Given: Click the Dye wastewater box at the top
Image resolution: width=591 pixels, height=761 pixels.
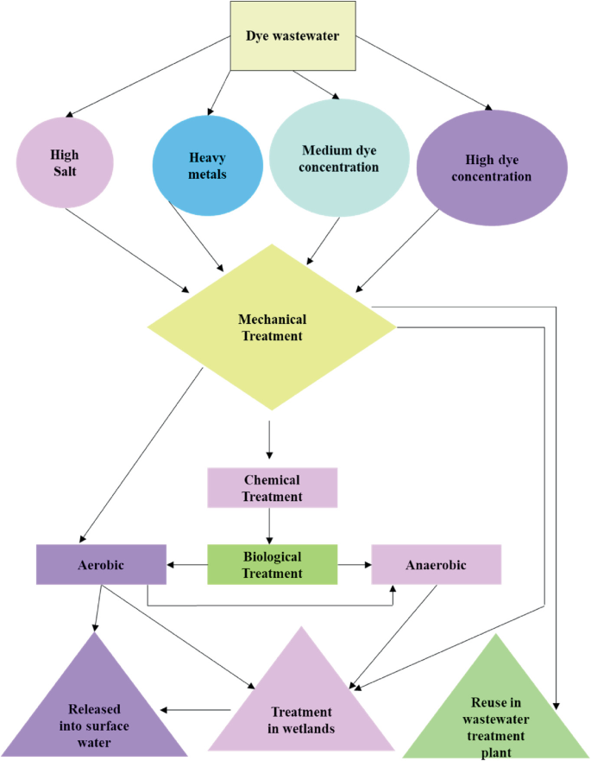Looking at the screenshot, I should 292,36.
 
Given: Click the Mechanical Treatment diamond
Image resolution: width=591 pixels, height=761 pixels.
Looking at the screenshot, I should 272,327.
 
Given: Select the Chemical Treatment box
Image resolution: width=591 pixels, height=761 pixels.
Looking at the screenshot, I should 272,488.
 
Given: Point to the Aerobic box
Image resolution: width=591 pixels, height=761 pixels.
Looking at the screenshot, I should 101,564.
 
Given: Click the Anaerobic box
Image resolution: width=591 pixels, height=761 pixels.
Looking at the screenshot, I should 436,565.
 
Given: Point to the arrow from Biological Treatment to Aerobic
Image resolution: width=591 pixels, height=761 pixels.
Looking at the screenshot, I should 187,565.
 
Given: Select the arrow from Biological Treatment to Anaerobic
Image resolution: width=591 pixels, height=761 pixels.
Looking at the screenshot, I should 354,565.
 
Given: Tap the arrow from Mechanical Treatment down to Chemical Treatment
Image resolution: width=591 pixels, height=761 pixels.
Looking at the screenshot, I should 270,441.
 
